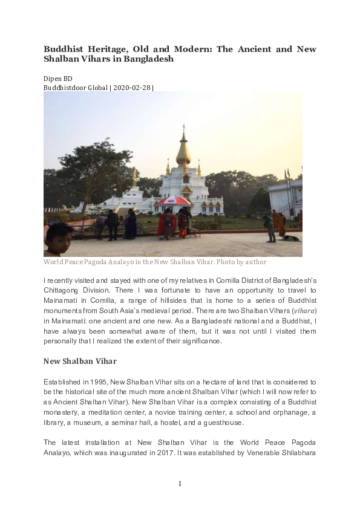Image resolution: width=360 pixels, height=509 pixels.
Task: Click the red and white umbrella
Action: (x=173, y=201)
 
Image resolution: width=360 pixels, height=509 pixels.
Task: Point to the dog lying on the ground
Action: (x=293, y=238)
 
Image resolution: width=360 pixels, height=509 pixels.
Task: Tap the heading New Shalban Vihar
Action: (x=80, y=361)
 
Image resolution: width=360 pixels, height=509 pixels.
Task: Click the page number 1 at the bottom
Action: (x=180, y=483)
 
